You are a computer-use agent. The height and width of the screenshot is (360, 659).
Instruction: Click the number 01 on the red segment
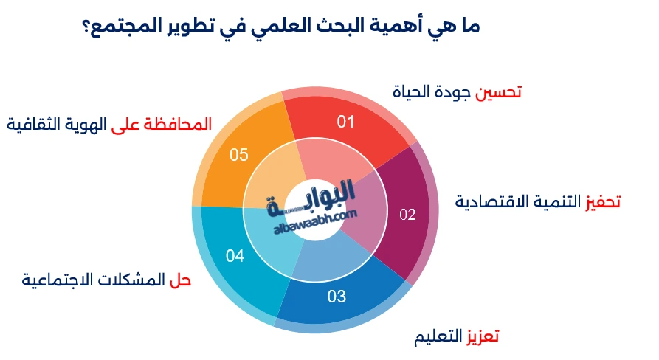point(345,122)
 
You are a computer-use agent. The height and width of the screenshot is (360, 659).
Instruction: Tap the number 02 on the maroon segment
point(407,215)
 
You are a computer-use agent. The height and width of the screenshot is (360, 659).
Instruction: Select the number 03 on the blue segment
point(337,297)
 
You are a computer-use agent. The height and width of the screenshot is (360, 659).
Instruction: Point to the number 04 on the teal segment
point(235,256)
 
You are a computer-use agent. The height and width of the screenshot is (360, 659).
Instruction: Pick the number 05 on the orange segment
point(238,155)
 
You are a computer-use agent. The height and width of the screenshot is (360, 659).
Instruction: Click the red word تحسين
point(498,92)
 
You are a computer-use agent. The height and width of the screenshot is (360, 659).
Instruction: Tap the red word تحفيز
point(603,202)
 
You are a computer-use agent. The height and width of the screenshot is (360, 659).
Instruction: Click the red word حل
point(180,280)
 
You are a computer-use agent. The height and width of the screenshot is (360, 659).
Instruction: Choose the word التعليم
point(438,337)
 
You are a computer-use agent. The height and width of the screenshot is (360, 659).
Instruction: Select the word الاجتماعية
point(50,280)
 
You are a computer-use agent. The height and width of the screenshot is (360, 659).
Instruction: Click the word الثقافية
point(28,125)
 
